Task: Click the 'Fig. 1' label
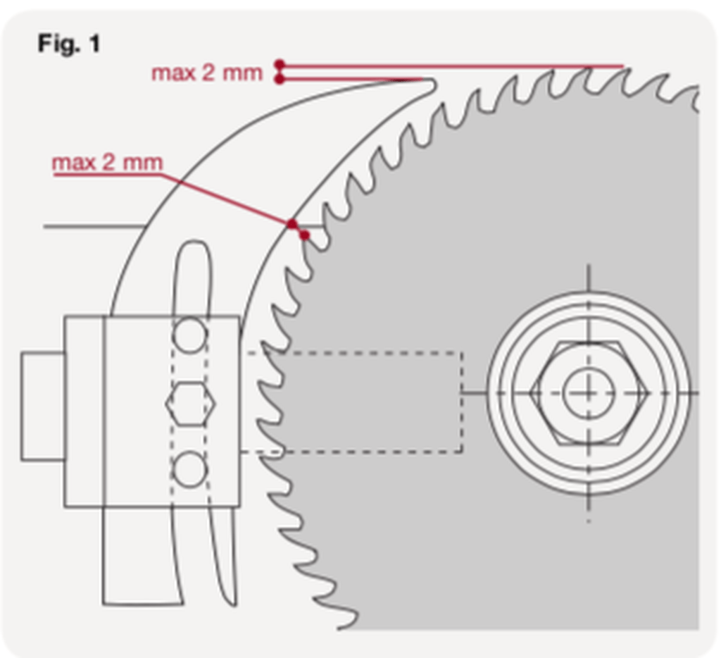click(x=69, y=44)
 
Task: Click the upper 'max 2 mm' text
click(x=206, y=73)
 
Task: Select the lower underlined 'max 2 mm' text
click(x=107, y=163)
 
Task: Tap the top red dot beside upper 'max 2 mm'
click(x=280, y=64)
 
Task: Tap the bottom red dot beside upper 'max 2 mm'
click(x=280, y=79)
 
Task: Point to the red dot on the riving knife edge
click(x=291, y=224)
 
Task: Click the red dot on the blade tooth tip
click(x=304, y=235)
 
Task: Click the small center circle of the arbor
click(x=589, y=392)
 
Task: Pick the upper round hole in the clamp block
click(x=190, y=335)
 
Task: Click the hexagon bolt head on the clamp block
click(x=190, y=404)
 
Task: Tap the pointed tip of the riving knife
click(x=431, y=83)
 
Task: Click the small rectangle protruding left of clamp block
click(x=42, y=406)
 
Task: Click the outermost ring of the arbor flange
click(x=589, y=295)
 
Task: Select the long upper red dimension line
click(x=451, y=66)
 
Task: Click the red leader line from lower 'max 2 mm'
click(x=225, y=198)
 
